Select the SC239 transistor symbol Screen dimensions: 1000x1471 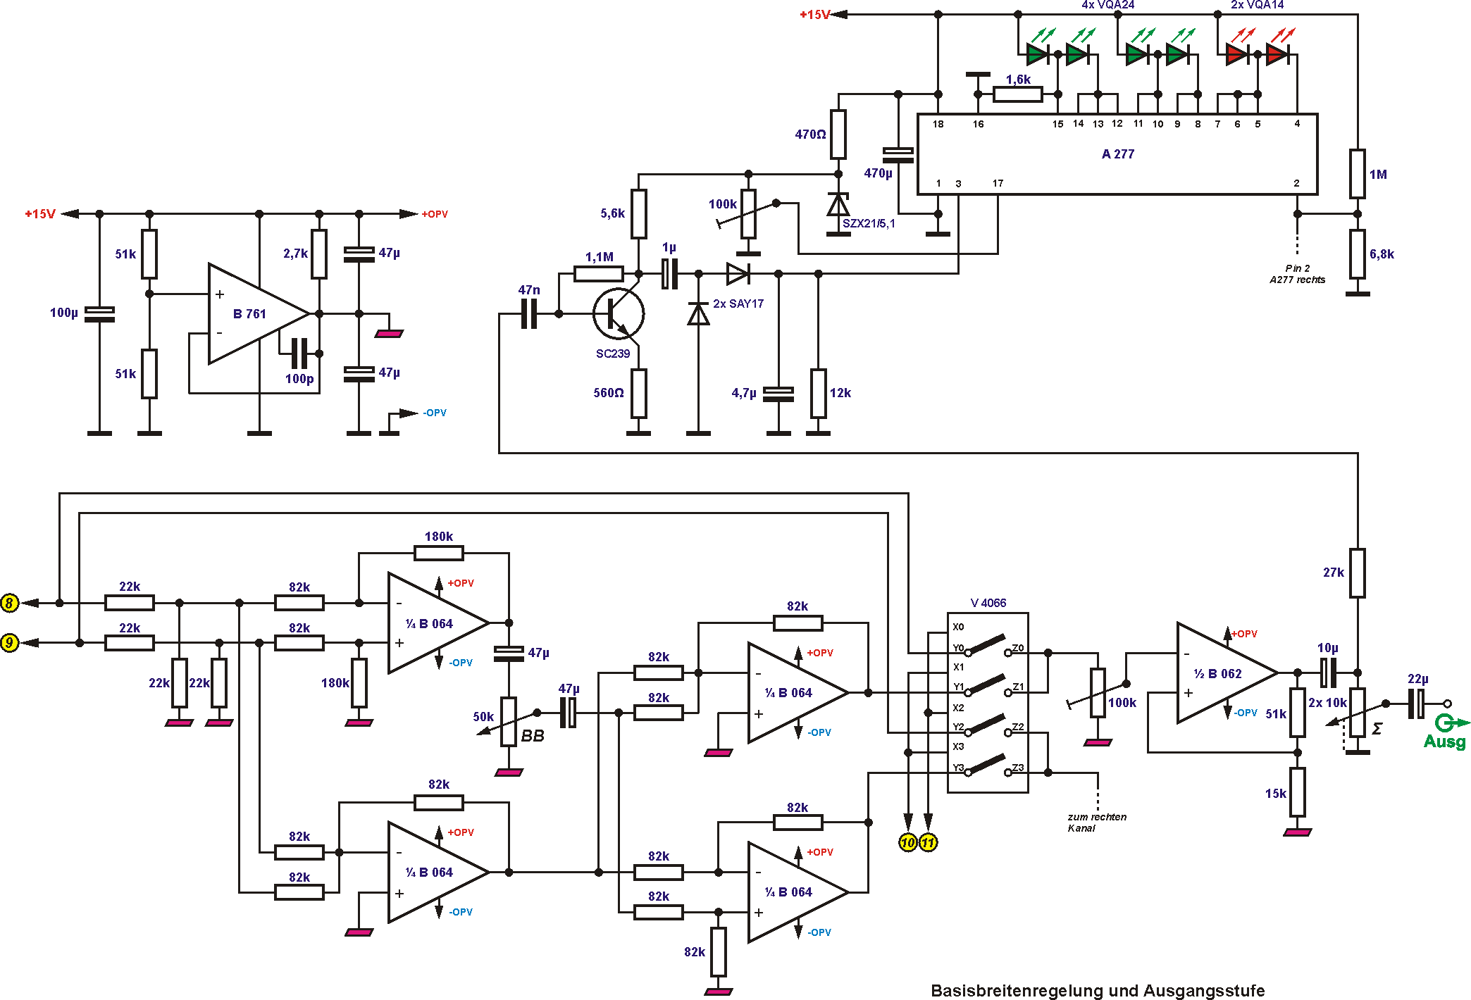(x=618, y=314)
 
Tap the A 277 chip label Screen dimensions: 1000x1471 (x=1117, y=154)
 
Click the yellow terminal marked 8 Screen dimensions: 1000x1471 (x=9, y=603)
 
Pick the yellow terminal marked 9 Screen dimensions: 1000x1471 (x=9, y=642)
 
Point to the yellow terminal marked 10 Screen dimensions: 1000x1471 (x=907, y=842)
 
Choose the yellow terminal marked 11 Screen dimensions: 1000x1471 (x=928, y=842)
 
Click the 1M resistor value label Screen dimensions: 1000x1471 (x=1377, y=175)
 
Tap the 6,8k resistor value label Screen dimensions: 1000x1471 (x=1381, y=254)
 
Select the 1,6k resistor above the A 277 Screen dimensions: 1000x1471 (x=1017, y=94)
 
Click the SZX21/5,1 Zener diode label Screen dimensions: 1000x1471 (x=868, y=224)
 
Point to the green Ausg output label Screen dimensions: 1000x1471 (x=1444, y=742)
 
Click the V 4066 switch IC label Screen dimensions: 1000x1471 (x=988, y=603)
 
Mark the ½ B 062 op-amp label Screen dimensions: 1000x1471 (x=1217, y=674)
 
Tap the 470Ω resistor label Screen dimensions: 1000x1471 (x=810, y=135)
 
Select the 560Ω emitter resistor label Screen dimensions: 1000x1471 (x=608, y=393)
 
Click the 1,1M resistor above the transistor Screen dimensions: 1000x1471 (x=598, y=274)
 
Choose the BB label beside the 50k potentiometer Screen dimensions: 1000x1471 (x=532, y=736)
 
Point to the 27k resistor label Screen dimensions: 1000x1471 (x=1333, y=573)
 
